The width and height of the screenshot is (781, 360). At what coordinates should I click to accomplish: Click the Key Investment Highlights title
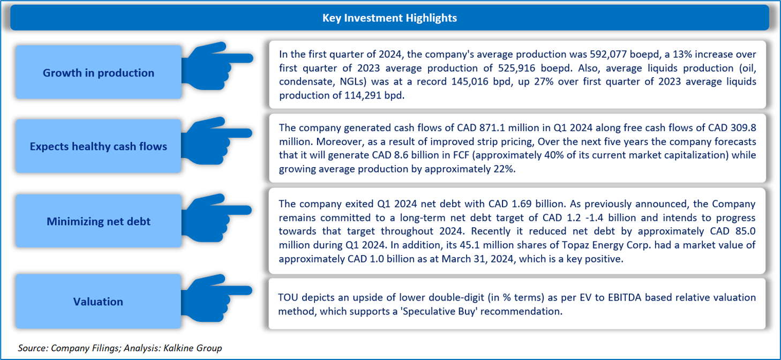click(x=389, y=18)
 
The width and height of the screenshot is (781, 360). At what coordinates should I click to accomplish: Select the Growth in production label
click(x=99, y=73)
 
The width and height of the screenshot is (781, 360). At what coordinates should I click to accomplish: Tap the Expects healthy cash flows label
click(x=99, y=146)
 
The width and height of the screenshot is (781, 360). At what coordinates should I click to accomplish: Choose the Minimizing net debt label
click(x=99, y=221)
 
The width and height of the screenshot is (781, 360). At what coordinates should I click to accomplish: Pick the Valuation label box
click(x=99, y=302)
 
